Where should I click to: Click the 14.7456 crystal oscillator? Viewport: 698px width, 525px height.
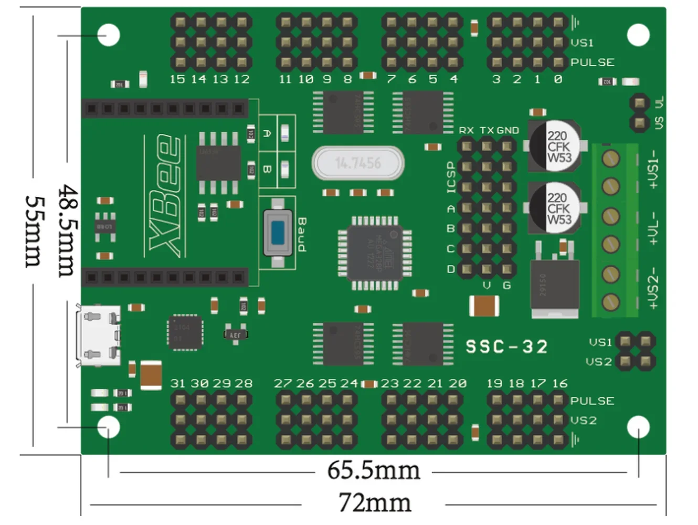[x=358, y=163]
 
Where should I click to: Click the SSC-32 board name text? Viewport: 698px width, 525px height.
[x=506, y=346]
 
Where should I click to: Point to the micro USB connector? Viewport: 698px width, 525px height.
[x=98, y=335]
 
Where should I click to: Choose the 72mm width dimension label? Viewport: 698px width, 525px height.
[x=374, y=503]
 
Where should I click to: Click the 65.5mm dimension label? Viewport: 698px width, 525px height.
[x=373, y=470]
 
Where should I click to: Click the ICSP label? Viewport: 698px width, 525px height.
[x=451, y=177]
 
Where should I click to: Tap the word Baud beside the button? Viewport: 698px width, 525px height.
[x=302, y=235]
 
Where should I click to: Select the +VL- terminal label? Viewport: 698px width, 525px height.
[x=652, y=228]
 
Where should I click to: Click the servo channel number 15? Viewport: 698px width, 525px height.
[x=177, y=79]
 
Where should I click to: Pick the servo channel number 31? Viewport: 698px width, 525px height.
[x=178, y=383]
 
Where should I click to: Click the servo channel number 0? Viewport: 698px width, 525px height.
[x=557, y=79]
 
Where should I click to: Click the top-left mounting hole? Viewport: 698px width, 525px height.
[x=109, y=35]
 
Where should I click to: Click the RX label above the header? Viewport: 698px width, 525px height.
[x=466, y=130]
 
